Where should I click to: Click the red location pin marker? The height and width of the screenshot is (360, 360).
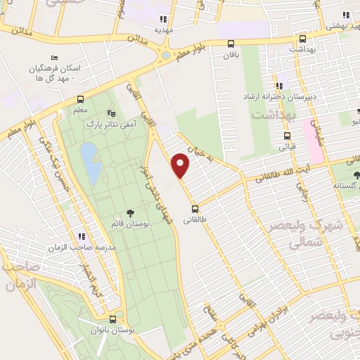(181, 165)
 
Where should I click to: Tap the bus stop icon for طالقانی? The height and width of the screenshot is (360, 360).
(195, 208)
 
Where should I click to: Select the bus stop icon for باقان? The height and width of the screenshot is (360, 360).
(231, 42)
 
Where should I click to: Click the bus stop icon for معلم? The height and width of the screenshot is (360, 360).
(80, 99)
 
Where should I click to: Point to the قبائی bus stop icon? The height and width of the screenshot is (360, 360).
(287, 136)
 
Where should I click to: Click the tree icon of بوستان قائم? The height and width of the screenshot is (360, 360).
(130, 212)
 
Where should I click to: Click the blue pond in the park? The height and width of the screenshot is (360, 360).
(89, 162)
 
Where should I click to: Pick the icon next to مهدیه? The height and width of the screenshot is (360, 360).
(164, 20)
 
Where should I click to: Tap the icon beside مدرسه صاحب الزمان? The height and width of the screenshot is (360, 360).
(82, 236)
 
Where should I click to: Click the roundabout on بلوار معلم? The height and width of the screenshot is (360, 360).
(166, 54)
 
